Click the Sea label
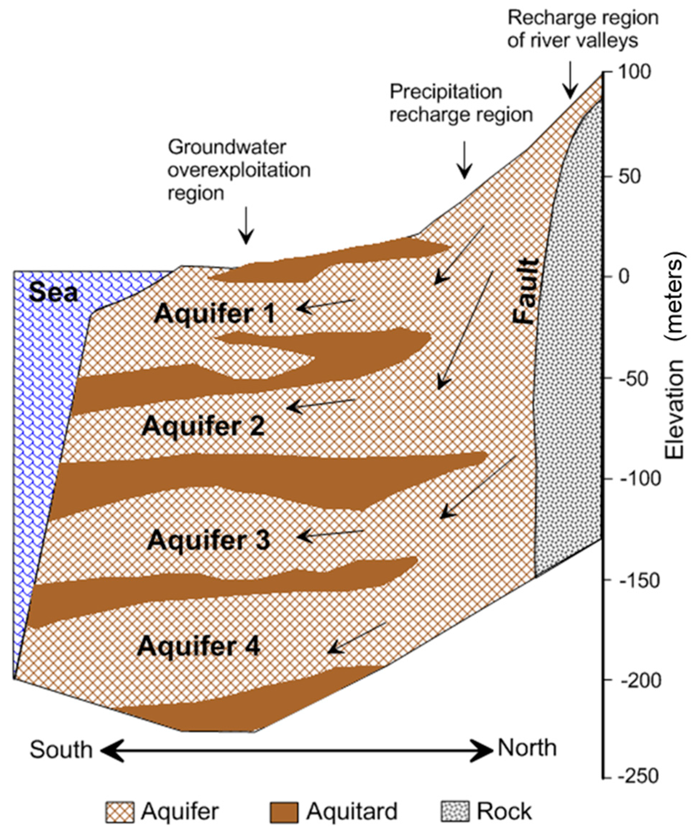click(54, 292)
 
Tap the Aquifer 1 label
click(215, 314)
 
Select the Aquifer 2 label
click(203, 426)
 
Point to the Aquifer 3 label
click(208, 540)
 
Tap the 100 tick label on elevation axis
click(634, 72)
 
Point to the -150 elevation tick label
click(638, 582)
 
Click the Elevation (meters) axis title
click(675, 355)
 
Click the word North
click(527, 748)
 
